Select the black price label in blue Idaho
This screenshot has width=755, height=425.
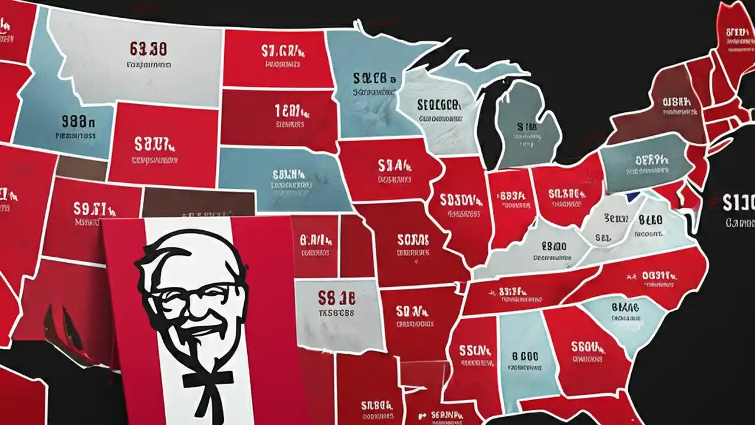pos(78,122)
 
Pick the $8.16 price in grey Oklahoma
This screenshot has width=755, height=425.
pos(336,296)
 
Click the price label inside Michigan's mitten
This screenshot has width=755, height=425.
pos(527,126)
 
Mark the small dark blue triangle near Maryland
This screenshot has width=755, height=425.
pos(633,197)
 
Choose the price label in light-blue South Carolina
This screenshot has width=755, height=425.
pos(625,307)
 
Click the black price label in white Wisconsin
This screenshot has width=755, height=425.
pos(438,105)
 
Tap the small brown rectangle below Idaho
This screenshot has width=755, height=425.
pos(81,168)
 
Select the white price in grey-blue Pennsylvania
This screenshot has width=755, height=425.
pos(652,159)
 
